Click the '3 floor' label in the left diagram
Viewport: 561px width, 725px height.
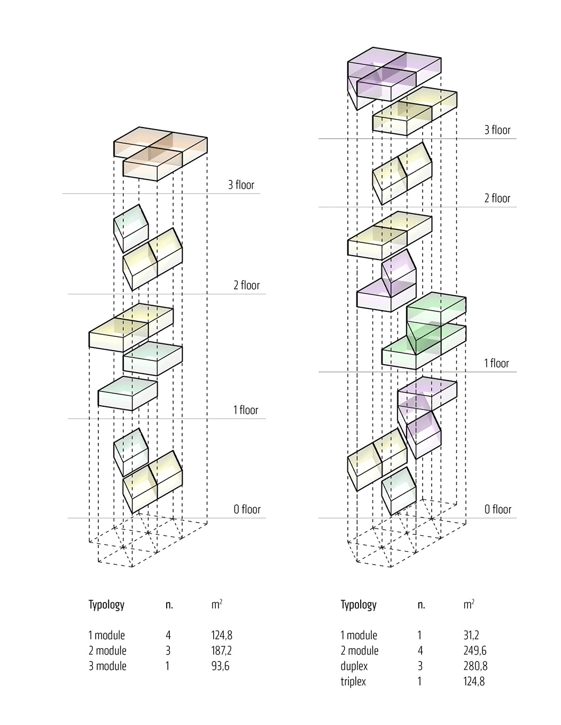coord(241,185)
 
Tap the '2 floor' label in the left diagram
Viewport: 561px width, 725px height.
coord(246,285)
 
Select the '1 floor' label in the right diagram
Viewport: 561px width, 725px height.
coord(496,363)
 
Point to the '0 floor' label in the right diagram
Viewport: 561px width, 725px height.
coord(498,509)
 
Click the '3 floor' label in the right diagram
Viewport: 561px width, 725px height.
coord(497,130)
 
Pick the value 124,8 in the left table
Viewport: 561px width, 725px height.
coord(222,635)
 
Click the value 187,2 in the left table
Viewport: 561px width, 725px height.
coord(221,651)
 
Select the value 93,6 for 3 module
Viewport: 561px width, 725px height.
coord(220,666)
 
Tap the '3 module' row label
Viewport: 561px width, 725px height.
coord(107,666)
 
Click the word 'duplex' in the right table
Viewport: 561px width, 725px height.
coord(354,666)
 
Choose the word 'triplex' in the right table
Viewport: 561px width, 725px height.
coord(353,682)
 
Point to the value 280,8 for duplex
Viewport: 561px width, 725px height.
coord(476,666)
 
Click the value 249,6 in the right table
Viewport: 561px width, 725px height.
coord(475,651)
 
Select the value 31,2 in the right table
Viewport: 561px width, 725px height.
coord(471,635)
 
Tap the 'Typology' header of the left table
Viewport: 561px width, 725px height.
coord(106,605)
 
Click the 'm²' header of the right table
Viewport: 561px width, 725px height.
coord(469,604)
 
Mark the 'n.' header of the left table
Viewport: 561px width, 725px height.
coord(169,605)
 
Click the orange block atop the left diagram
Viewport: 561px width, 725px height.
coord(160,152)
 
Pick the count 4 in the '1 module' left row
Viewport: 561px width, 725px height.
coord(168,635)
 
